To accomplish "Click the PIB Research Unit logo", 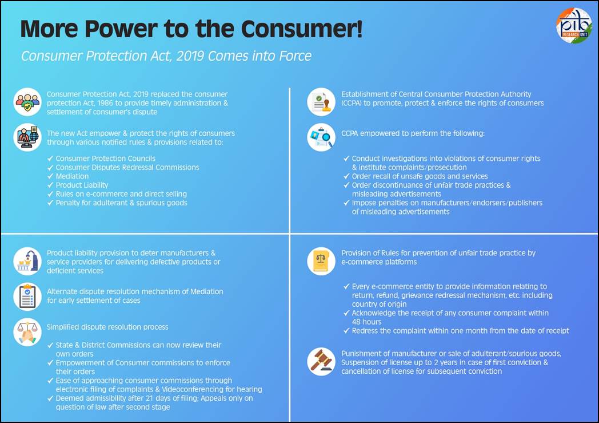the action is pyautogui.click(x=574, y=26).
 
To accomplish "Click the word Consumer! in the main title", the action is pyautogui.click(x=302, y=29).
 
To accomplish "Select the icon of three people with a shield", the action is pyautogui.click(x=27, y=102).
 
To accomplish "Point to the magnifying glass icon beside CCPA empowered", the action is pyautogui.click(x=321, y=137).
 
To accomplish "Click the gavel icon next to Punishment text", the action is pyautogui.click(x=321, y=361).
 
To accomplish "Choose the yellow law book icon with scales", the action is pyautogui.click(x=321, y=261).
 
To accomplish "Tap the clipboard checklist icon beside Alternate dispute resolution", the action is pyautogui.click(x=27, y=297).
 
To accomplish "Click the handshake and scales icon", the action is pyautogui.click(x=27, y=332).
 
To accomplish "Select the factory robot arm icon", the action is pyautogui.click(x=27, y=261).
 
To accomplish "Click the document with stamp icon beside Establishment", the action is pyautogui.click(x=321, y=102).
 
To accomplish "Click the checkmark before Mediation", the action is pyautogui.click(x=50, y=176).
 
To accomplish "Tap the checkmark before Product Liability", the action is pyautogui.click(x=50, y=185).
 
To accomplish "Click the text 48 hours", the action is pyautogui.click(x=366, y=322).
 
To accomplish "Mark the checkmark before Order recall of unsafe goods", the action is pyautogui.click(x=346, y=176).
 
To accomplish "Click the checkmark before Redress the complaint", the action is pyautogui.click(x=346, y=330).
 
